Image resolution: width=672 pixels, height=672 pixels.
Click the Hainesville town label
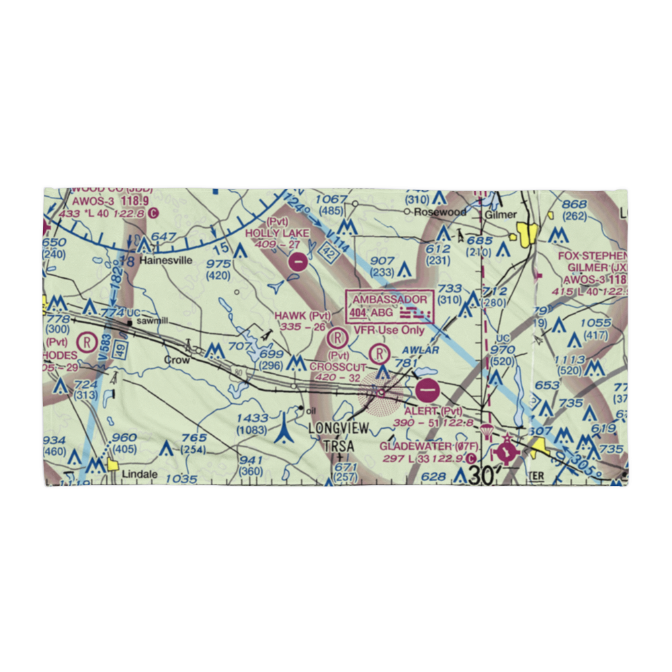(165, 260)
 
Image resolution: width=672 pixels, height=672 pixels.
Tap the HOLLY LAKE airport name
(277, 233)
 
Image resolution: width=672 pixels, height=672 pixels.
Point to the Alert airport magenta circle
(428, 389)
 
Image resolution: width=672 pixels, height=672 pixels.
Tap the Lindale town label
(140, 474)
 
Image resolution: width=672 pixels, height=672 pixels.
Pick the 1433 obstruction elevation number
(253, 417)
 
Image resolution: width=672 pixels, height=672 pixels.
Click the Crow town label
(178, 360)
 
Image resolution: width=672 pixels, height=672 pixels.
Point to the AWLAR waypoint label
(421, 350)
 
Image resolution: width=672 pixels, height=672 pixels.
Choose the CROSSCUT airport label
(338, 367)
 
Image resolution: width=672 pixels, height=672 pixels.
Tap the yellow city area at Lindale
(112, 464)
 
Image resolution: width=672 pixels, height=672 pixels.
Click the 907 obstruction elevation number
(382, 261)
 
